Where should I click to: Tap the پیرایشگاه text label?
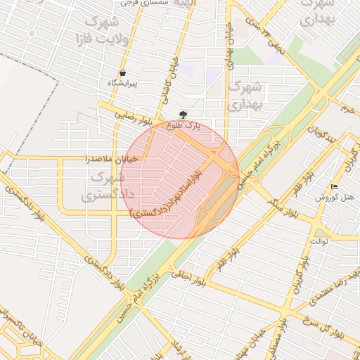[123, 83]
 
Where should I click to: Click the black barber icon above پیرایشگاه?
[123, 72]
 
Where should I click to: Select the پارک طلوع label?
[184, 126]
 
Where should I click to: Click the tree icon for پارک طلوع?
[184, 115]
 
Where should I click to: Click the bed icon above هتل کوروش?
[334, 187]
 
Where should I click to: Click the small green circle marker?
[32, 33]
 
